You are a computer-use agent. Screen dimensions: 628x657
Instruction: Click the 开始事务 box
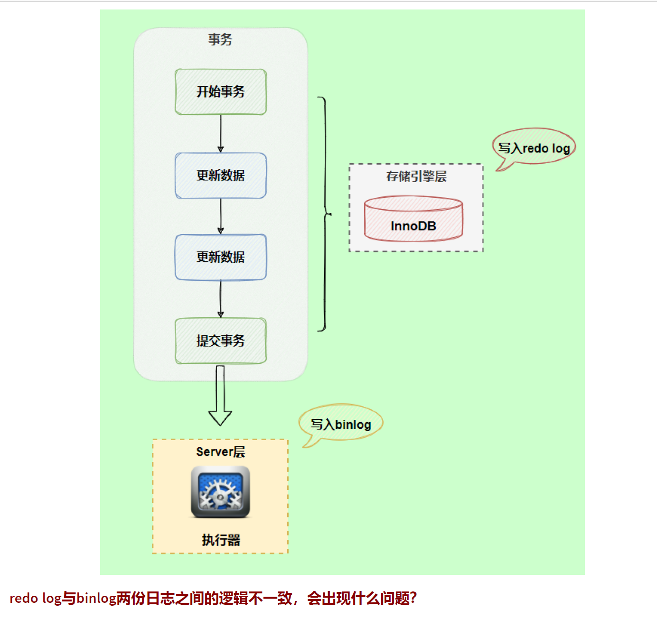coord(220,92)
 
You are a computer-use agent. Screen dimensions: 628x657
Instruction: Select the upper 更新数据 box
coord(220,175)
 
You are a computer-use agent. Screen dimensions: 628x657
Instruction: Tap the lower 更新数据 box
coord(220,257)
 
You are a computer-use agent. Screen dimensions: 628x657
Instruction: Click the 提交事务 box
coord(220,341)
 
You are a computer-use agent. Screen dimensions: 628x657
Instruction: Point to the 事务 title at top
coord(220,39)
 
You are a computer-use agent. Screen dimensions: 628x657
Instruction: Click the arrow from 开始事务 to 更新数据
coord(220,133)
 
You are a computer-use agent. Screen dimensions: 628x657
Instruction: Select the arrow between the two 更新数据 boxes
coord(220,216)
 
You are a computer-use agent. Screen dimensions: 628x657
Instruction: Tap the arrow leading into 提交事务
coord(220,299)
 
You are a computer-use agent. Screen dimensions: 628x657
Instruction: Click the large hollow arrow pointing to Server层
coord(220,396)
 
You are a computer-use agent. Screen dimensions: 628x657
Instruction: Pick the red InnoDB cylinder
coord(413,219)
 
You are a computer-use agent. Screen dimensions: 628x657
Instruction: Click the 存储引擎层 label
coord(416,176)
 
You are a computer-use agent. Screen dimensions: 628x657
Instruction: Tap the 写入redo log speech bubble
coord(534,148)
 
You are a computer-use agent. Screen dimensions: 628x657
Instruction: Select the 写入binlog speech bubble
coord(341,424)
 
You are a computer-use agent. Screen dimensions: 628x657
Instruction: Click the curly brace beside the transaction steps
coord(325,214)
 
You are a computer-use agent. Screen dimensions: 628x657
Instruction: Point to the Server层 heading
coord(220,452)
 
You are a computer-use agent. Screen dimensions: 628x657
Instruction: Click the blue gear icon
coord(220,492)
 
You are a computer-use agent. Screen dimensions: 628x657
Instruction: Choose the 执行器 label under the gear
coord(221,540)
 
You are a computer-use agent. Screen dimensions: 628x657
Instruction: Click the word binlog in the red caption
coord(96,598)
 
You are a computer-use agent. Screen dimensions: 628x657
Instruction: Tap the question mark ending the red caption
coord(413,598)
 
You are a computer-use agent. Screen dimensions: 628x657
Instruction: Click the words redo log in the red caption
coord(36,598)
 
